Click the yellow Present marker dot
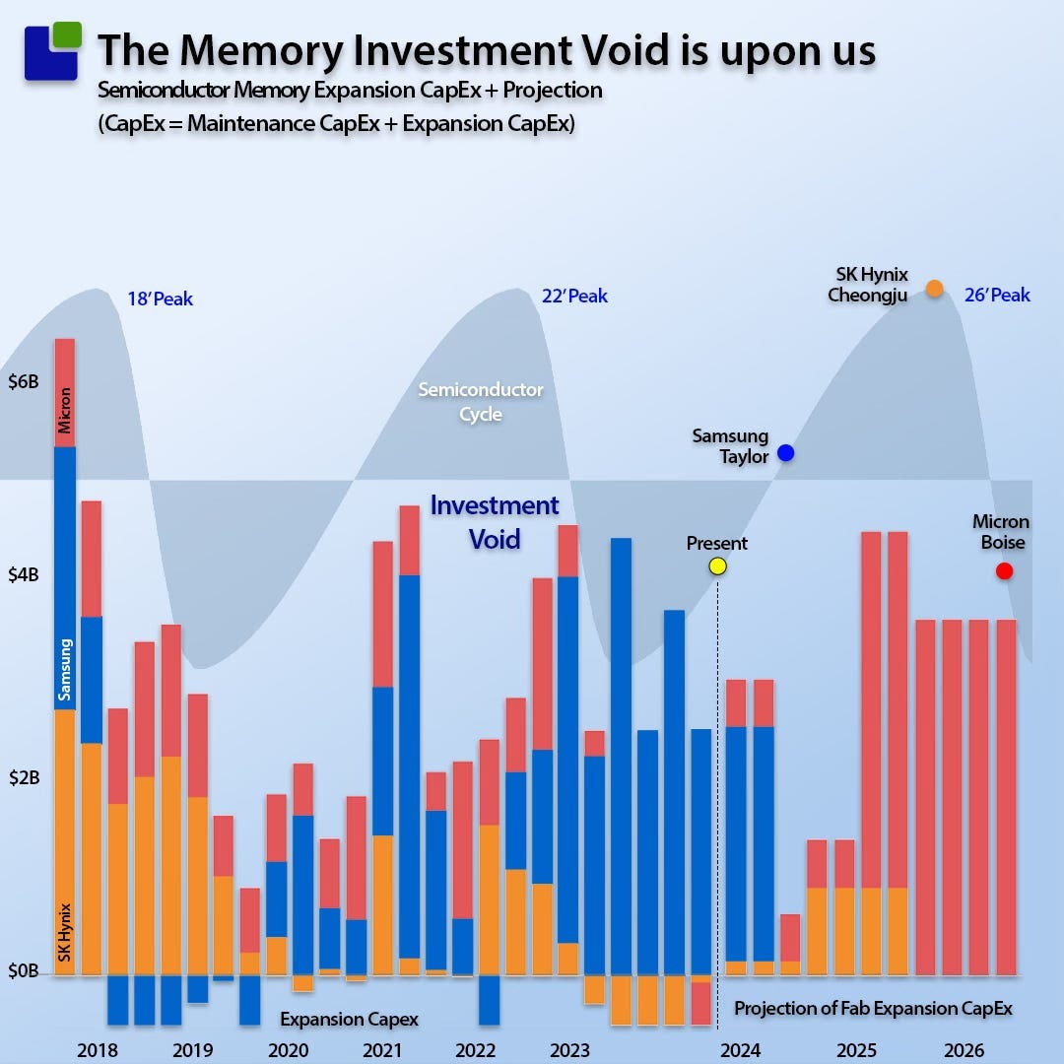tap(717, 565)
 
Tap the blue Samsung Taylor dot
tap(785, 453)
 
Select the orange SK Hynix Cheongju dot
tap(934, 288)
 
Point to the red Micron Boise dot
tap(1004, 570)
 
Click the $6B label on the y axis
tap(23, 382)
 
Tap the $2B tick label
tap(23, 776)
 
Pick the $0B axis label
tap(23, 971)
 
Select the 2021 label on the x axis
tap(381, 1050)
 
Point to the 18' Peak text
tap(160, 299)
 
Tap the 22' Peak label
tap(574, 296)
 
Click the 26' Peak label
tap(997, 295)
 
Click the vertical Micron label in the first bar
tap(65, 410)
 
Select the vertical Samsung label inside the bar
tap(65, 669)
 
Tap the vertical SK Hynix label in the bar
tap(65, 932)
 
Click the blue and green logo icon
tap(52, 51)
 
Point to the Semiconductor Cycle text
tap(481, 402)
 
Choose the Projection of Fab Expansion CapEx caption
tap(873, 1008)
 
